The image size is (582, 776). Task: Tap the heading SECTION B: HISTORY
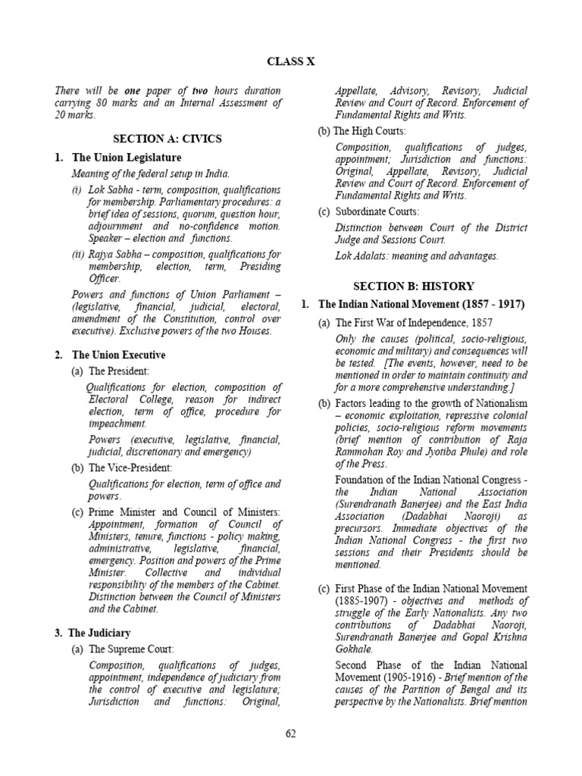(414, 286)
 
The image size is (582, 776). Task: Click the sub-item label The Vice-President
(132, 468)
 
